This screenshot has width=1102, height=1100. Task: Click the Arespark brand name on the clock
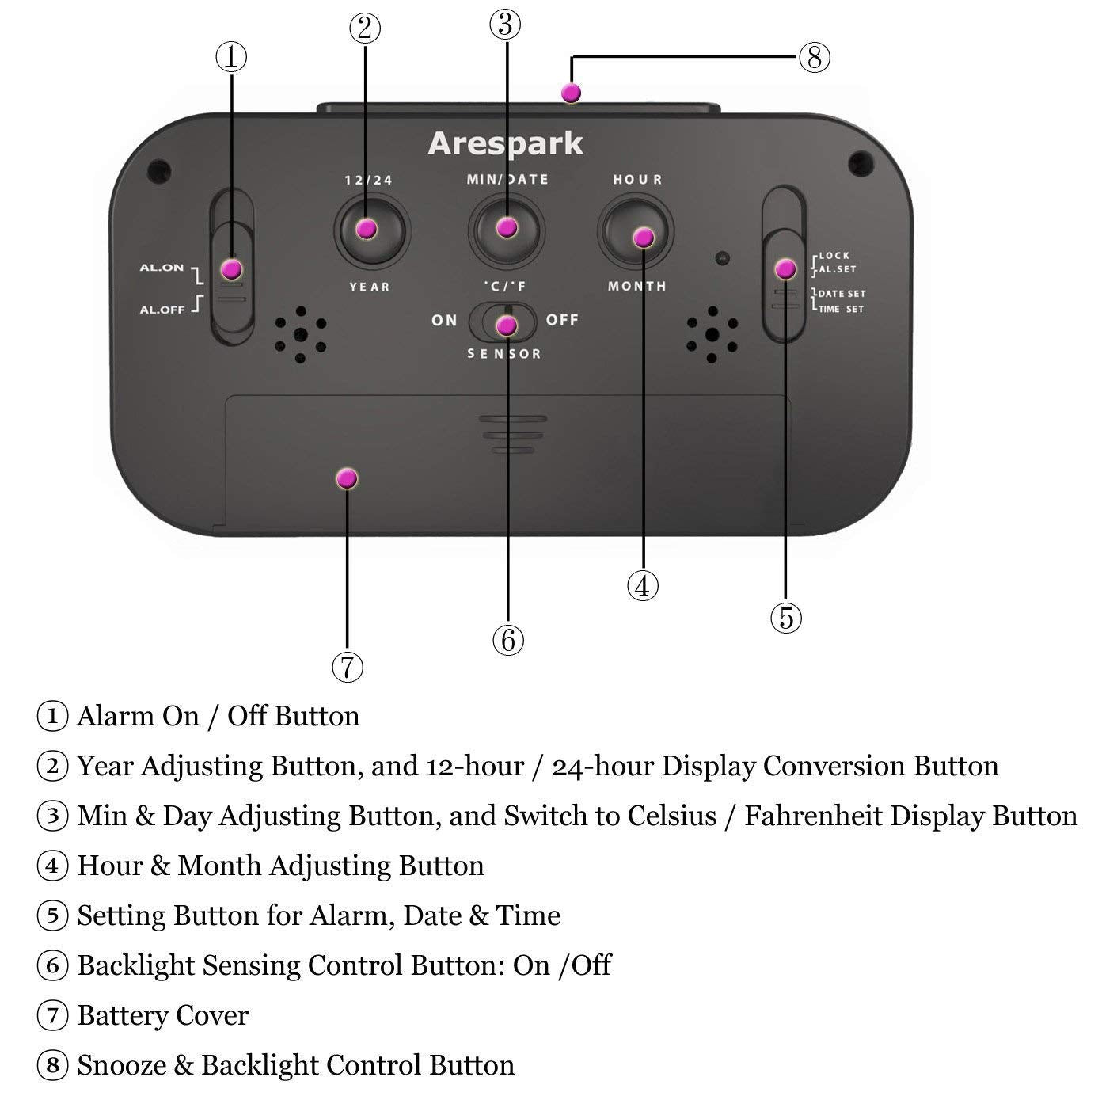(x=505, y=144)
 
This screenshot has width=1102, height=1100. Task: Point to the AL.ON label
(x=161, y=268)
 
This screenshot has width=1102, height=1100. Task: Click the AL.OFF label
(x=161, y=310)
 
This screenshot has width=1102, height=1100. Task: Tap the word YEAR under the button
(x=370, y=287)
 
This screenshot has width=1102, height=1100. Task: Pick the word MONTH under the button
(x=636, y=286)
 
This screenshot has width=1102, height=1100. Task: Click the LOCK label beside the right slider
(x=834, y=256)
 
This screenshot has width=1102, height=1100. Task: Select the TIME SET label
(x=841, y=309)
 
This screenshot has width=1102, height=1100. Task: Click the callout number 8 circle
(x=814, y=57)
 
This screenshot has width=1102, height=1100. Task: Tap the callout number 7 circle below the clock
(x=348, y=667)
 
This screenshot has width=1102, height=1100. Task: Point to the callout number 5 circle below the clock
(x=785, y=617)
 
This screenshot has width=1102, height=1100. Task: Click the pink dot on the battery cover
(x=347, y=478)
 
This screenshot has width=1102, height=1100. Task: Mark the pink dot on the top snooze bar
(x=571, y=93)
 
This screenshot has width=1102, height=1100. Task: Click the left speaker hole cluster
(x=300, y=334)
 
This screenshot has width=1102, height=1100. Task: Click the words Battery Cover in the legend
(x=162, y=1015)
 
